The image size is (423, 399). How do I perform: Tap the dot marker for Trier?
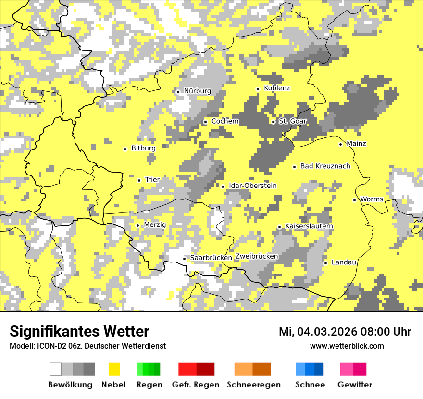coord(139,180)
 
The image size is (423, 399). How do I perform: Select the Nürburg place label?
coord(198,91)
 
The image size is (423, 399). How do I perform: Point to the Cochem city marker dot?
coord(205,122)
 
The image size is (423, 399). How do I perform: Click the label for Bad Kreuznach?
coord(325,166)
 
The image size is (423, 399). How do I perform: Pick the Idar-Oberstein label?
coord(252,186)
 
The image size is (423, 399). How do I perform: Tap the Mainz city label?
coord(356,144)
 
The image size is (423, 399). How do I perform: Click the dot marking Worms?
coord(355,200)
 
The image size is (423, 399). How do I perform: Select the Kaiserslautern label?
coord(309,226)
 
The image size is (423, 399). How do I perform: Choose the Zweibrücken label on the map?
coord(256,256)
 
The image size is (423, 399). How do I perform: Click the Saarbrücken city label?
coord(211,258)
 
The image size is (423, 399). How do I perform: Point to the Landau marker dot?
coord(326,263)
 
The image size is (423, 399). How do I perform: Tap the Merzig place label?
coord(155,225)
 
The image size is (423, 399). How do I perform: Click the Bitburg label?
coord(143,149)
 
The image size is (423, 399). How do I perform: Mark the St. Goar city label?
coord(292,121)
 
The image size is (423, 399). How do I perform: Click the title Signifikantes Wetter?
coord(79,331)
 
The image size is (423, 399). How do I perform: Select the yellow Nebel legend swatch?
coord(114,369)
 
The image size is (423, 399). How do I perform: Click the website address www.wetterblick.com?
coord(347,346)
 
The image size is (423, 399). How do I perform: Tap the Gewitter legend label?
coord(354,385)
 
